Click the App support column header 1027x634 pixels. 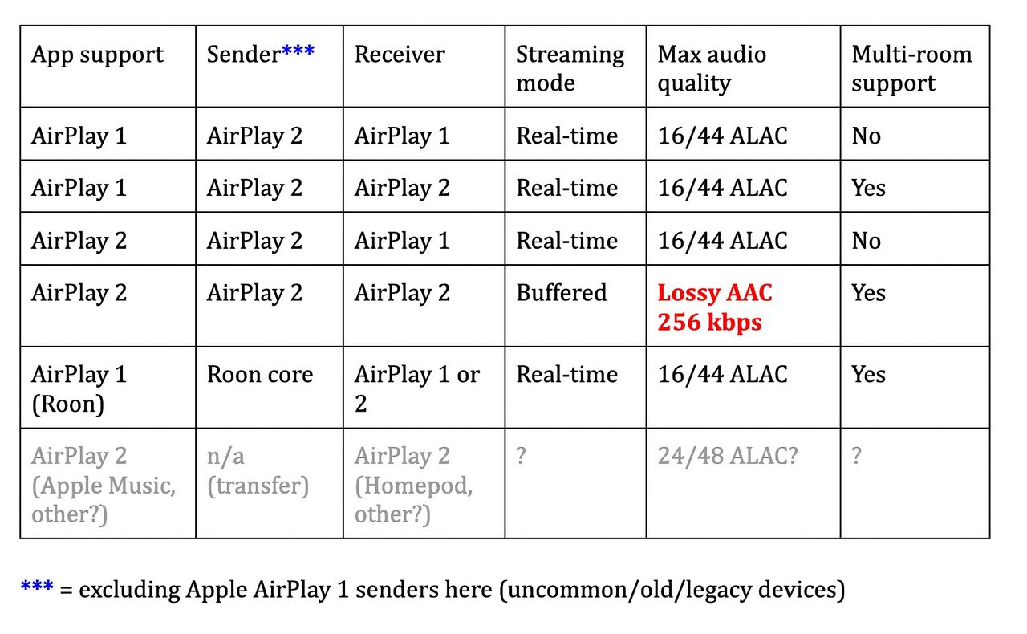[97, 55]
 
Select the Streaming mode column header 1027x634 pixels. [570, 68]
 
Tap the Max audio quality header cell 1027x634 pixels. [712, 68]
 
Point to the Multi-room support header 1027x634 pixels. [911, 68]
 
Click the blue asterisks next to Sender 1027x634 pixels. [298, 53]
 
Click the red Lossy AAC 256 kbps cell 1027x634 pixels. [714, 307]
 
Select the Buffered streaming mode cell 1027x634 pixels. [561, 293]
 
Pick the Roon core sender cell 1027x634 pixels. [260, 375]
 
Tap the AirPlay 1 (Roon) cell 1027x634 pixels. [79, 388]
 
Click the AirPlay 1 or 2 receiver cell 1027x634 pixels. [416, 388]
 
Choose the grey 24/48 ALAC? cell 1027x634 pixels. [728, 457]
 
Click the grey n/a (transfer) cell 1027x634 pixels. [258, 471]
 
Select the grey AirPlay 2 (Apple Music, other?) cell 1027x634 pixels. [104, 485]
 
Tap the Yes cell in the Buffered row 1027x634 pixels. [868, 293]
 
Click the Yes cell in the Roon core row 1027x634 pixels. [868, 375]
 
